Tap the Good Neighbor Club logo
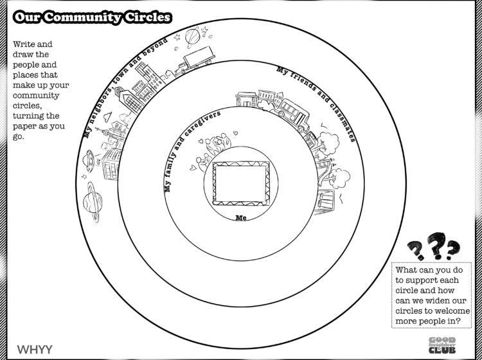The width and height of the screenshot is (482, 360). (442, 345)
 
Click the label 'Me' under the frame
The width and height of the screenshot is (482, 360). (241, 218)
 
